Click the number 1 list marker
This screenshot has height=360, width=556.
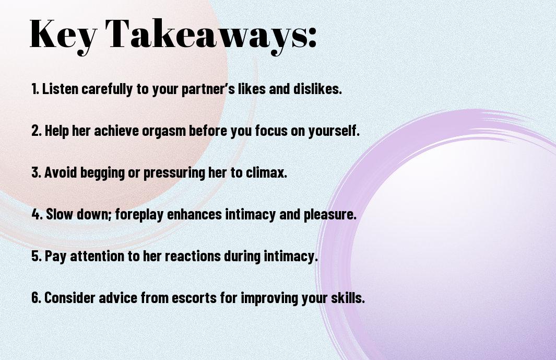35,89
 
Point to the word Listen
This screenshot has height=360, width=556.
60,89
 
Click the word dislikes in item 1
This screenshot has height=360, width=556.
317,89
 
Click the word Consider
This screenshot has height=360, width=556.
70,298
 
